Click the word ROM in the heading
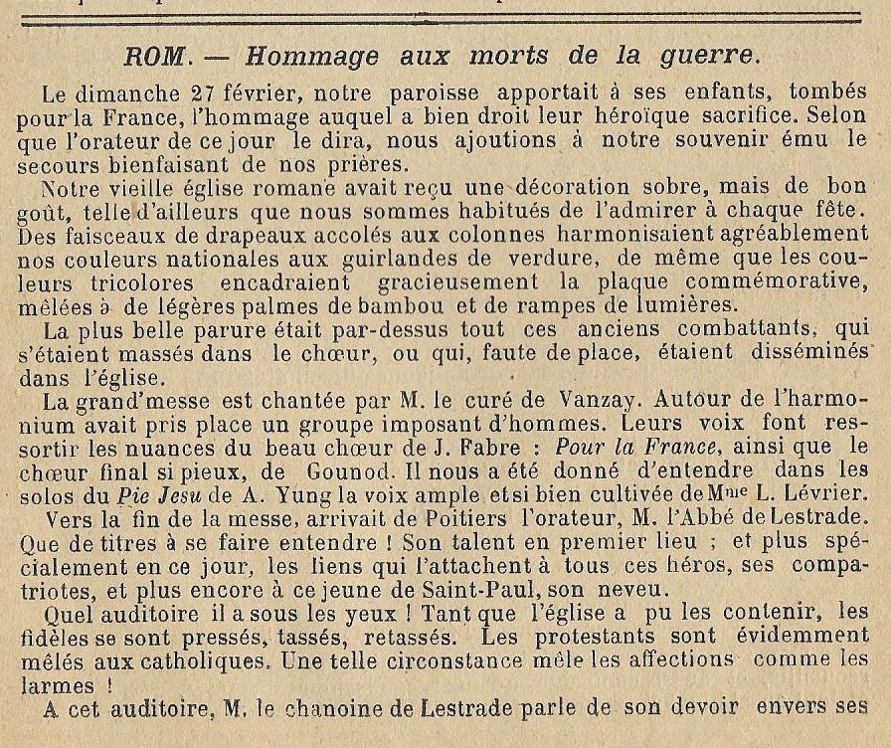point(159,57)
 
